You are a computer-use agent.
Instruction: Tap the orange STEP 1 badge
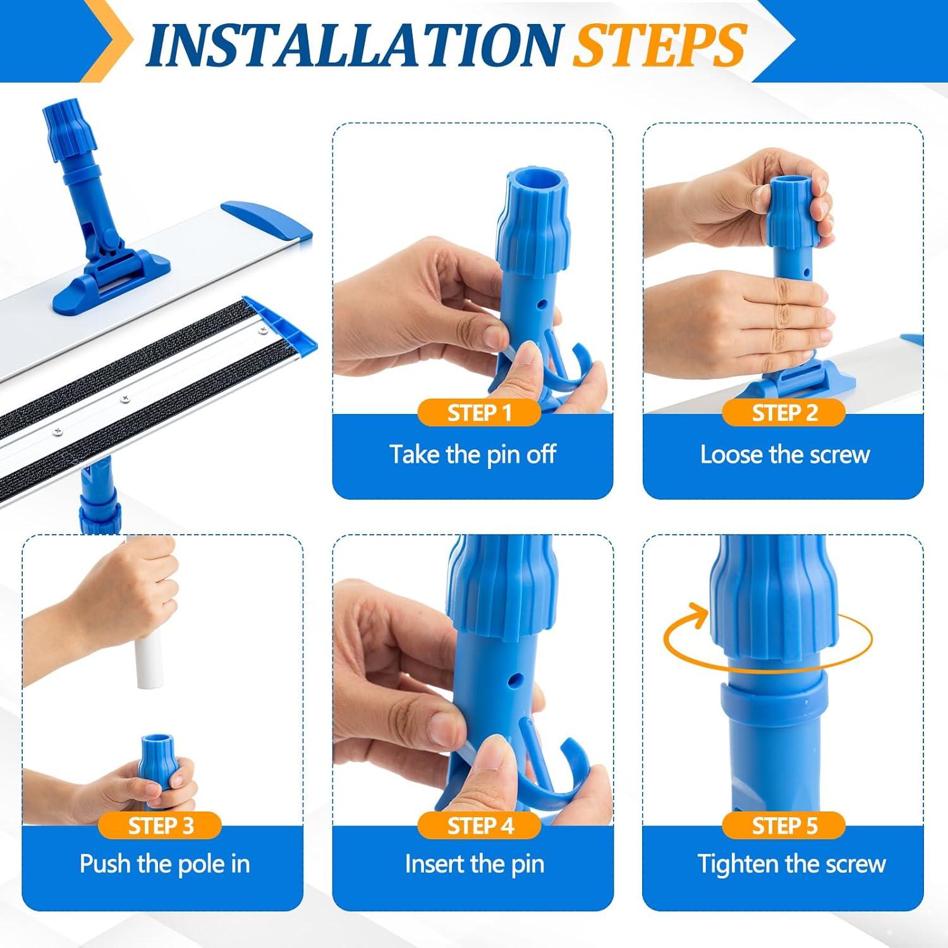(x=479, y=413)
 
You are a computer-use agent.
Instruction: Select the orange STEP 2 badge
(x=784, y=413)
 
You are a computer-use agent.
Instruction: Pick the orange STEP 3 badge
(x=161, y=825)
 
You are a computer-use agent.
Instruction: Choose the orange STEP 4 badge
(x=480, y=825)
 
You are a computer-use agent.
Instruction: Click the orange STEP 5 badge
(x=784, y=825)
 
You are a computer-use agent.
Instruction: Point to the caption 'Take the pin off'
(x=473, y=454)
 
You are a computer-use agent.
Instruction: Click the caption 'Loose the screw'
(x=785, y=454)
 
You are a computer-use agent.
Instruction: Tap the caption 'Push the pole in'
(x=164, y=864)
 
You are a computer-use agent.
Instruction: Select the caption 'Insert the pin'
(x=475, y=864)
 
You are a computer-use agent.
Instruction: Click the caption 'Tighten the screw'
(x=792, y=864)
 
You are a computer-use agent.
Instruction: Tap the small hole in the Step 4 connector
(x=514, y=679)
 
